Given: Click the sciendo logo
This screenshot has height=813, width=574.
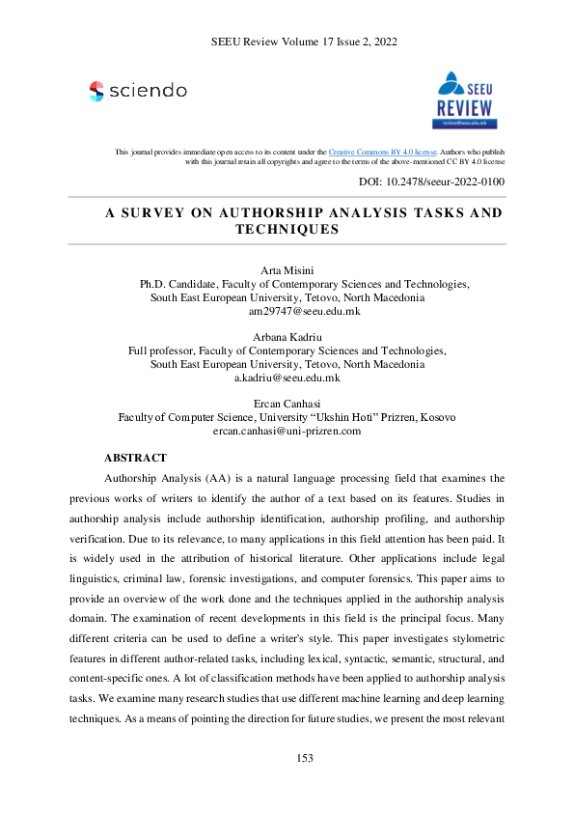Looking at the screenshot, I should [138, 91].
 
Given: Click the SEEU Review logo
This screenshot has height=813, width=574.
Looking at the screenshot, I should [467, 99].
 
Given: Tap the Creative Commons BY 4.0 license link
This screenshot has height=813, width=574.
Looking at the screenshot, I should [383, 153].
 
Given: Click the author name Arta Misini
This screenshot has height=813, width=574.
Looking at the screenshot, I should [287, 270].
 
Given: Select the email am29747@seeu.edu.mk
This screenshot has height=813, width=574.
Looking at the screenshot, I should [304, 312].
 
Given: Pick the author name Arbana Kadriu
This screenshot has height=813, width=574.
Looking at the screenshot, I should [287, 336].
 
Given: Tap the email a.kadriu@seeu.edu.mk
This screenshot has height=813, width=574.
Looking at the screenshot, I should [287, 378].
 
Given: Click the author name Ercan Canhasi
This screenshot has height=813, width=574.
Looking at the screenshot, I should [287, 403].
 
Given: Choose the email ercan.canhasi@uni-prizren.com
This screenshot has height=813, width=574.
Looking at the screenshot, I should [287, 431].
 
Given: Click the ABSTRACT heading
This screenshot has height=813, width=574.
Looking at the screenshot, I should [135, 458].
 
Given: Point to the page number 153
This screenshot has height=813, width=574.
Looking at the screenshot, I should [304, 758].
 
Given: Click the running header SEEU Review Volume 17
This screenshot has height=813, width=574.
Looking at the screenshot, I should [271, 42].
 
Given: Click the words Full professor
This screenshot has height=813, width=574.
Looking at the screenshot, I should [164, 350].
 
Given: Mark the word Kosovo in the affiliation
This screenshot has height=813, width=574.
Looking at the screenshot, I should [435, 417].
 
